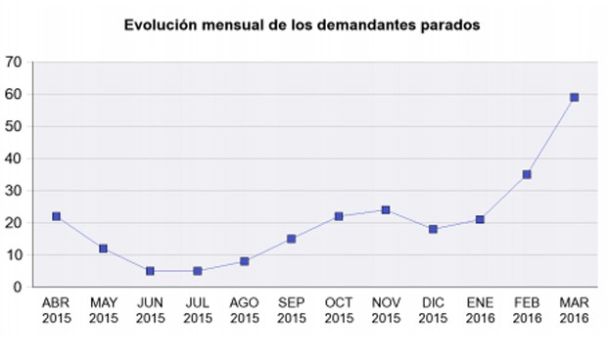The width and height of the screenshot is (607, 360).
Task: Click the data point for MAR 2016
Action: [x=575, y=97]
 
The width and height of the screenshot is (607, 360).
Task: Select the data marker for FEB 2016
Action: [x=527, y=174]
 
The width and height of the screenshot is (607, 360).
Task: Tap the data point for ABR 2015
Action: [x=56, y=216]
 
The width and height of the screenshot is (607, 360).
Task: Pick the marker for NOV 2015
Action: [x=386, y=209]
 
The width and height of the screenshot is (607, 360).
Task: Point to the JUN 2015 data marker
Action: [x=150, y=271]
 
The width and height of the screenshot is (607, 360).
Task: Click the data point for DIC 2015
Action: [x=433, y=229]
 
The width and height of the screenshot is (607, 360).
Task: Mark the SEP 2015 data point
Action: [x=292, y=239]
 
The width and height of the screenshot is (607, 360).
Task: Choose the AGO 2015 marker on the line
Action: [x=245, y=261]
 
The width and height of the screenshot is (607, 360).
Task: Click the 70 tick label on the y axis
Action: [x=14, y=62]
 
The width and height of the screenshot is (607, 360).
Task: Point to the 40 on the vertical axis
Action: [x=14, y=158]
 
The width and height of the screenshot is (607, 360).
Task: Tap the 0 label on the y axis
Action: [x=18, y=287]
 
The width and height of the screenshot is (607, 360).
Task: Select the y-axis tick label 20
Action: [x=14, y=223]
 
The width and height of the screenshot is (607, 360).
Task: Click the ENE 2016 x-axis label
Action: [x=480, y=311]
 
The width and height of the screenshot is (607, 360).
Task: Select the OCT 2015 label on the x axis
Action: [x=339, y=311]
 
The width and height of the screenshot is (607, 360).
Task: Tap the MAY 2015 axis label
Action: [x=103, y=311]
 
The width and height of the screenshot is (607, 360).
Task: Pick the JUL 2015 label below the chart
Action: [x=197, y=311]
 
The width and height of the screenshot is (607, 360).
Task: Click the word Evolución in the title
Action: [x=162, y=24]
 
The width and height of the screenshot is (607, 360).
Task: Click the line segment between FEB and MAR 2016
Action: [x=551, y=136]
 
